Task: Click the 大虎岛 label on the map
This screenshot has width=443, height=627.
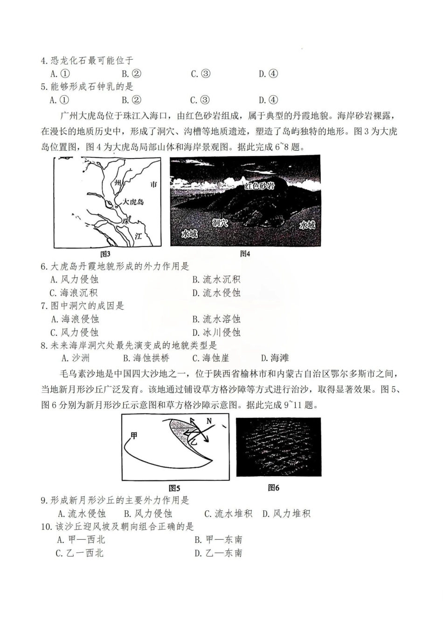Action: click(x=133, y=202)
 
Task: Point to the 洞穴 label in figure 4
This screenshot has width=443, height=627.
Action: click(x=220, y=223)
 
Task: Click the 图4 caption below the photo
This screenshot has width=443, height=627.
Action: click(x=245, y=254)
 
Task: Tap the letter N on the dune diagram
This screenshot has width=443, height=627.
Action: click(x=209, y=421)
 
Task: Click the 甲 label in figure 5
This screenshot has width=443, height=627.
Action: click(x=134, y=436)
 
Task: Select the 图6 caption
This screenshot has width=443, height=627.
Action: click(x=274, y=487)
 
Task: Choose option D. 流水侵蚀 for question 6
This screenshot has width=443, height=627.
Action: click(x=216, y=293)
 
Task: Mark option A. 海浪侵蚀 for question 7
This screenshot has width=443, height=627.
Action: click(x=75, y=319)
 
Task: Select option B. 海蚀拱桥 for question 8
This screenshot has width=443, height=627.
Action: click(x=146, y=358)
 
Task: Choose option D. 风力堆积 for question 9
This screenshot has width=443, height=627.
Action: click(x=286, y=514)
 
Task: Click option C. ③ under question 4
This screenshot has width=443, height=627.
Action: click(x=201, y=73)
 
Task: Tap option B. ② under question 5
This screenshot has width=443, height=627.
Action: click(x=132, y=99)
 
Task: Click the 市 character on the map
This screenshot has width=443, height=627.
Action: click(x=153, y=184)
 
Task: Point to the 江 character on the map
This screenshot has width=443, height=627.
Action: click(x=138, y=236)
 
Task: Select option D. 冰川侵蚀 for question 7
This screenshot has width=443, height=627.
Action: click(x=216, y=332)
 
